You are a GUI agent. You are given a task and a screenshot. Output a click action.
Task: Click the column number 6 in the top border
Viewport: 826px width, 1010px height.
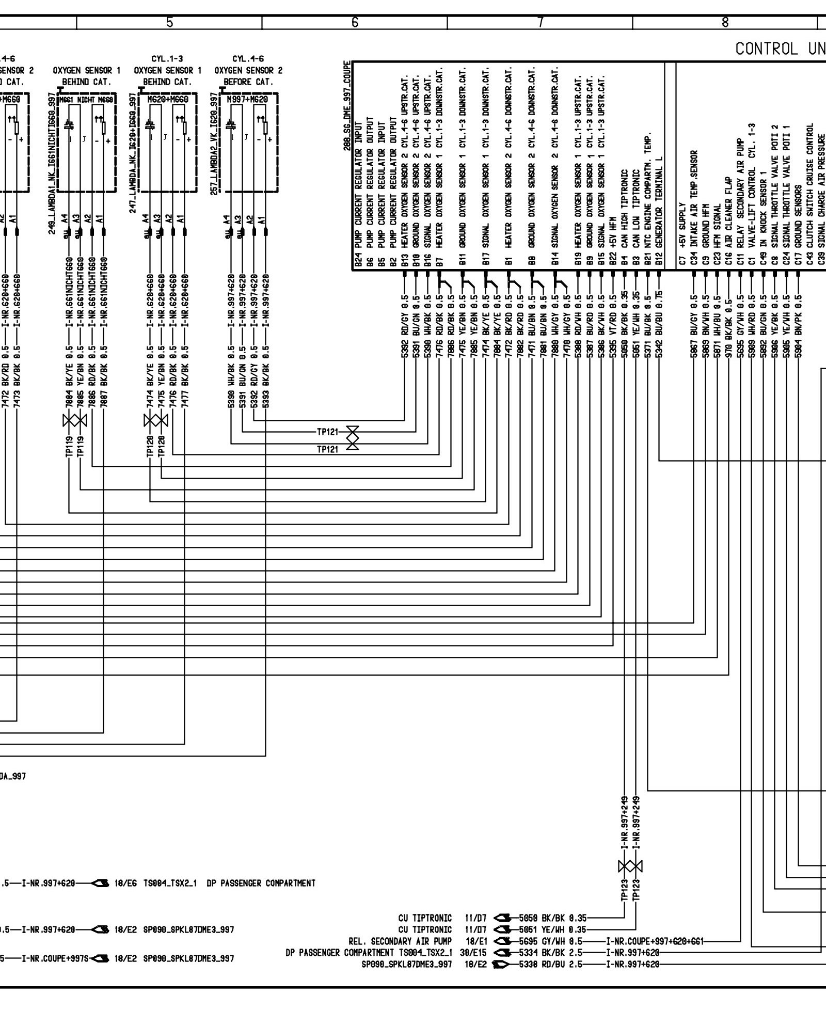tap(354, 22)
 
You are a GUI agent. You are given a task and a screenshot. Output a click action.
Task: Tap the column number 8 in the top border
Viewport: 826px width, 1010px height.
tap(725, 22)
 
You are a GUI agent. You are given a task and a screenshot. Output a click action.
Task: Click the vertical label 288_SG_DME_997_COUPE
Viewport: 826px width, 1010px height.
tap(347, 106)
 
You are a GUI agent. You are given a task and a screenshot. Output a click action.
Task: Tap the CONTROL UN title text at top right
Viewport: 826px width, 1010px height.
tap(780, 49)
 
